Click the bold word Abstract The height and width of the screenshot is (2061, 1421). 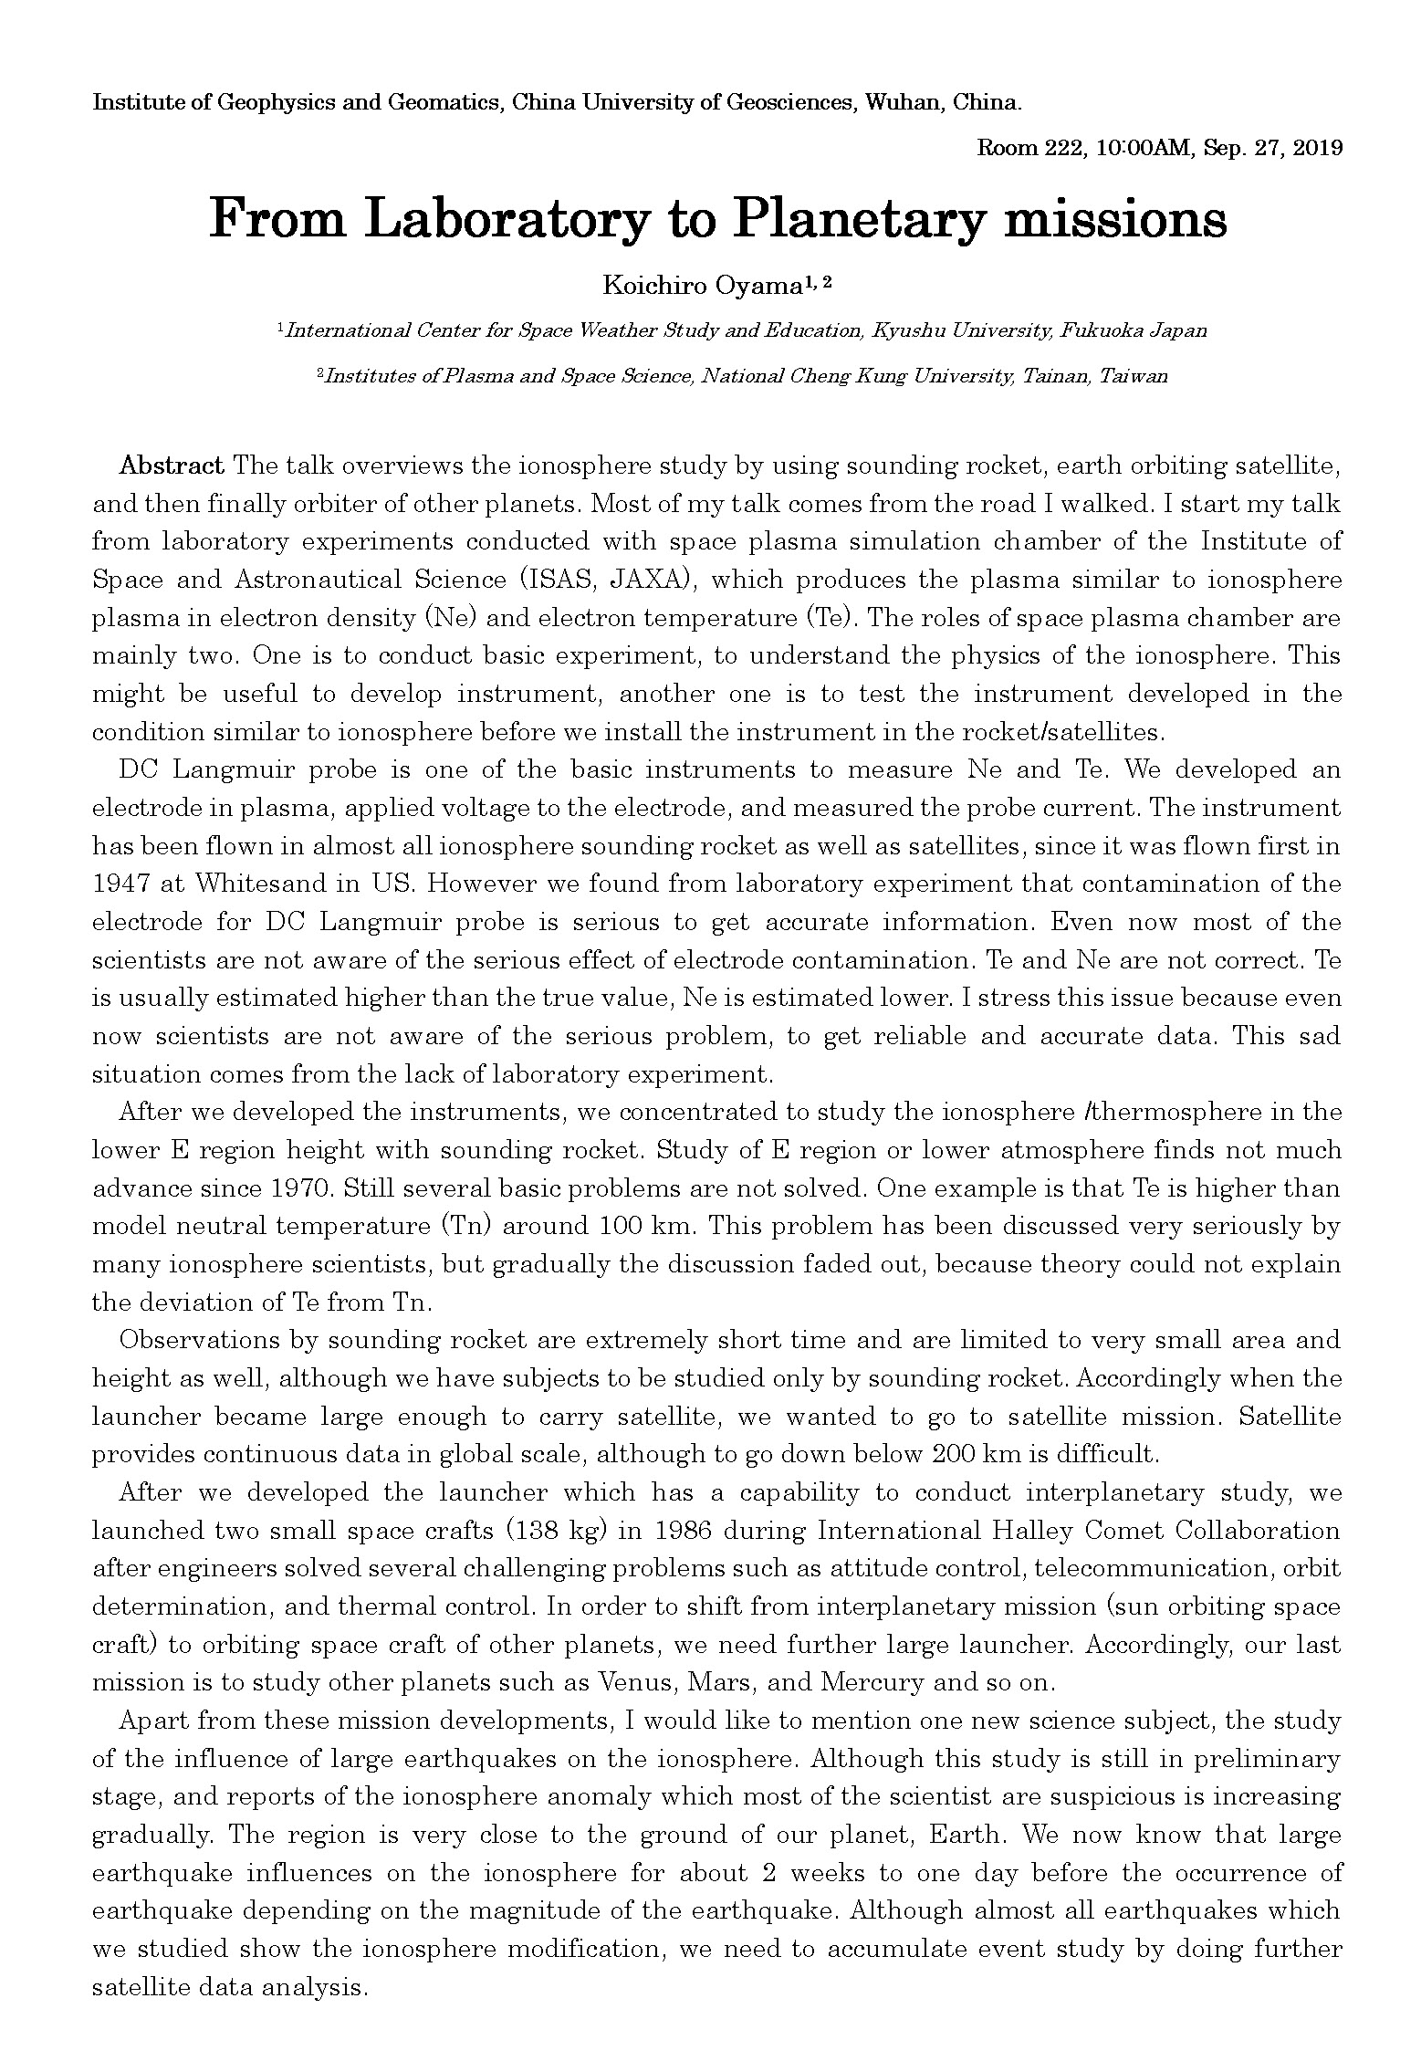[172, 466]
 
